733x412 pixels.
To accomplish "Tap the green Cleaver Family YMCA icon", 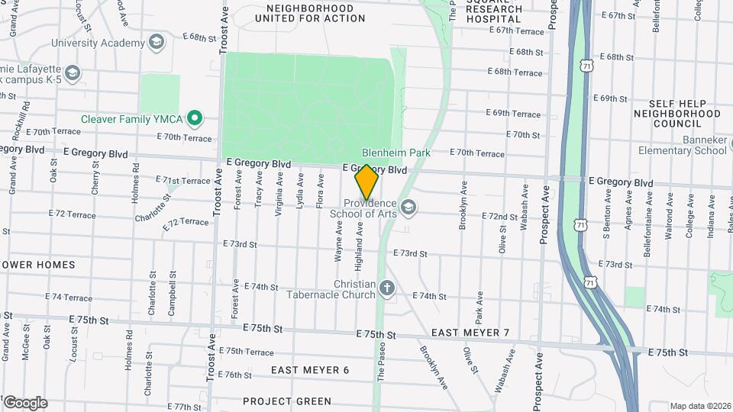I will click(195, 119).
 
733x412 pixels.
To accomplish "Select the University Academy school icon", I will click(157, 40).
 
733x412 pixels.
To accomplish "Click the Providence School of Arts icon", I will click(408, 208).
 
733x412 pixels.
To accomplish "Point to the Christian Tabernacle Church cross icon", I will click(387, 288).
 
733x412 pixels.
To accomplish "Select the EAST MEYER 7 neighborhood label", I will click(470, 333).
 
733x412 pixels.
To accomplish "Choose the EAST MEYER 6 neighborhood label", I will click(309, 370).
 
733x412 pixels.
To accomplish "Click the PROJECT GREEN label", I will click(287, 401).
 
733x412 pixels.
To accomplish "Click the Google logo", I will click(24, 403).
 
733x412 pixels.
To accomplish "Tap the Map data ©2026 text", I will click(700, 406).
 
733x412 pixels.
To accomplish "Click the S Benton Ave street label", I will click(609, 221).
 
